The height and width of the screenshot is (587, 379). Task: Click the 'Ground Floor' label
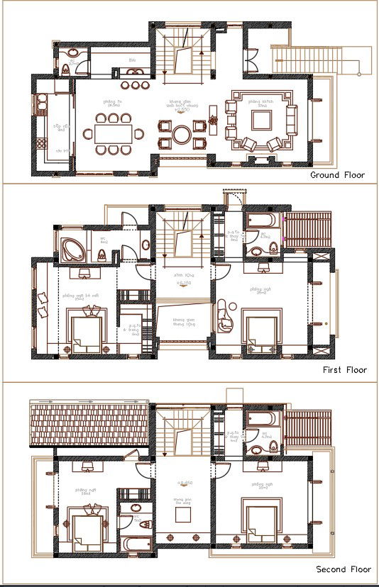tap(337, 174)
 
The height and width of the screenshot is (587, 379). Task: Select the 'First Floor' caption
tap(344, 370)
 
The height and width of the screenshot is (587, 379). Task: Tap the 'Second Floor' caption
tap(344, 569)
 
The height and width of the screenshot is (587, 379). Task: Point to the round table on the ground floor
tap(182, 133)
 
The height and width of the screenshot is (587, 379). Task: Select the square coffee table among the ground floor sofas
tap(260, 121)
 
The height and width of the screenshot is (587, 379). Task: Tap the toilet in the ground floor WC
tap(67, 67)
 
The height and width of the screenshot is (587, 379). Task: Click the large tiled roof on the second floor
tap(89, 423)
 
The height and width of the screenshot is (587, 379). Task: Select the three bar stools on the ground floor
tap(134, 85)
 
